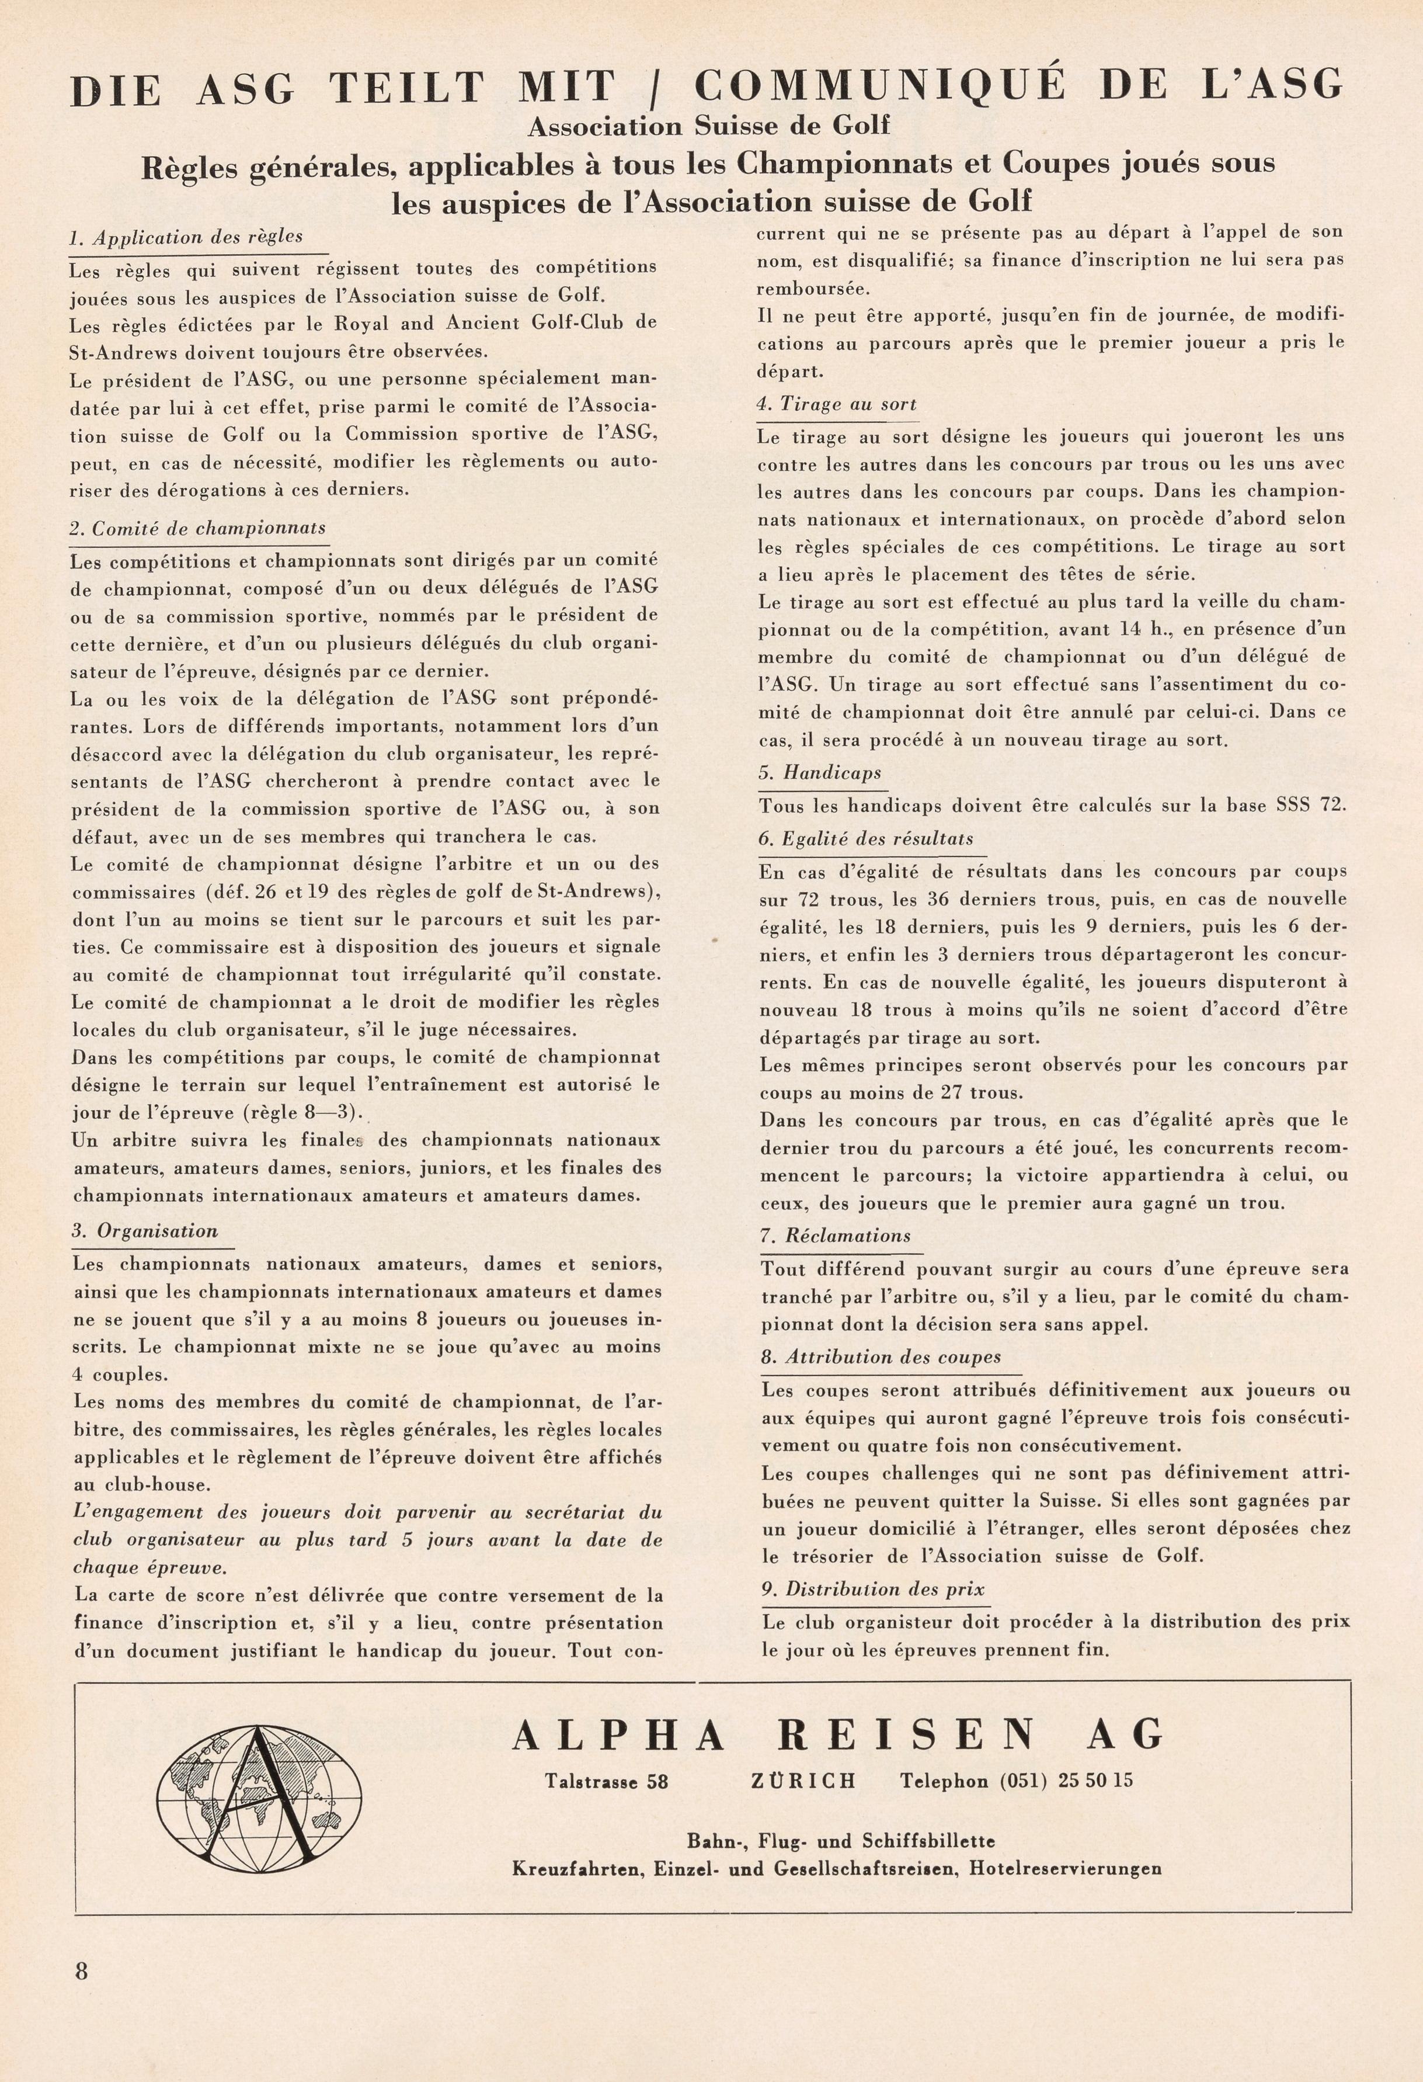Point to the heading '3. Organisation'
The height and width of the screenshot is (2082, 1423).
coord(145,1230)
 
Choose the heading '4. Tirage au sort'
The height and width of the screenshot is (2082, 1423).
coord(836,404)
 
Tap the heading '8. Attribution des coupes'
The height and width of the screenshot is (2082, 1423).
coord(881,1356)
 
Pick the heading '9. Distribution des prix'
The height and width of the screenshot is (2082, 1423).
coord(873,1590)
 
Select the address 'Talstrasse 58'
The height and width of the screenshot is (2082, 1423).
coord(606,1781)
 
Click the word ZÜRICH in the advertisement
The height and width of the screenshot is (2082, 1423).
coord(803,1781)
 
